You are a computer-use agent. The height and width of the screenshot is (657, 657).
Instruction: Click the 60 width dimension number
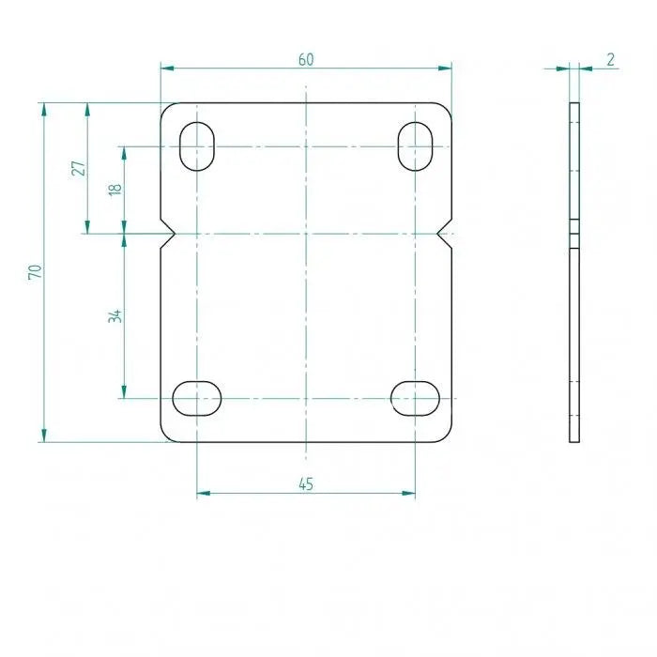[x=306, y=60]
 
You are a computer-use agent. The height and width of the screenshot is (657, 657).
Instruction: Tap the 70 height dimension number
[x=36, y=271]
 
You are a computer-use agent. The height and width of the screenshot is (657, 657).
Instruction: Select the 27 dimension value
[x=79, y=168]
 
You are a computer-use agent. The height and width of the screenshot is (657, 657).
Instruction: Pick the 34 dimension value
[x=115, y=315]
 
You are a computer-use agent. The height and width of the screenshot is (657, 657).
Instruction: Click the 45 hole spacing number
[x=306, y=484]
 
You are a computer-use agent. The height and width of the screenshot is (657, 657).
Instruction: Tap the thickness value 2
[x=610, y=60]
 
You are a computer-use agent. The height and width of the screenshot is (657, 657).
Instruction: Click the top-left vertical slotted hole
[x=197, y=146]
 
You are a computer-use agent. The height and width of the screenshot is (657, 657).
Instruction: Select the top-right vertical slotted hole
[x=415, y=146]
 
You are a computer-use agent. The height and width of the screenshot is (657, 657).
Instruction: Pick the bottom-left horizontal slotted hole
[x=197, y=399]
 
